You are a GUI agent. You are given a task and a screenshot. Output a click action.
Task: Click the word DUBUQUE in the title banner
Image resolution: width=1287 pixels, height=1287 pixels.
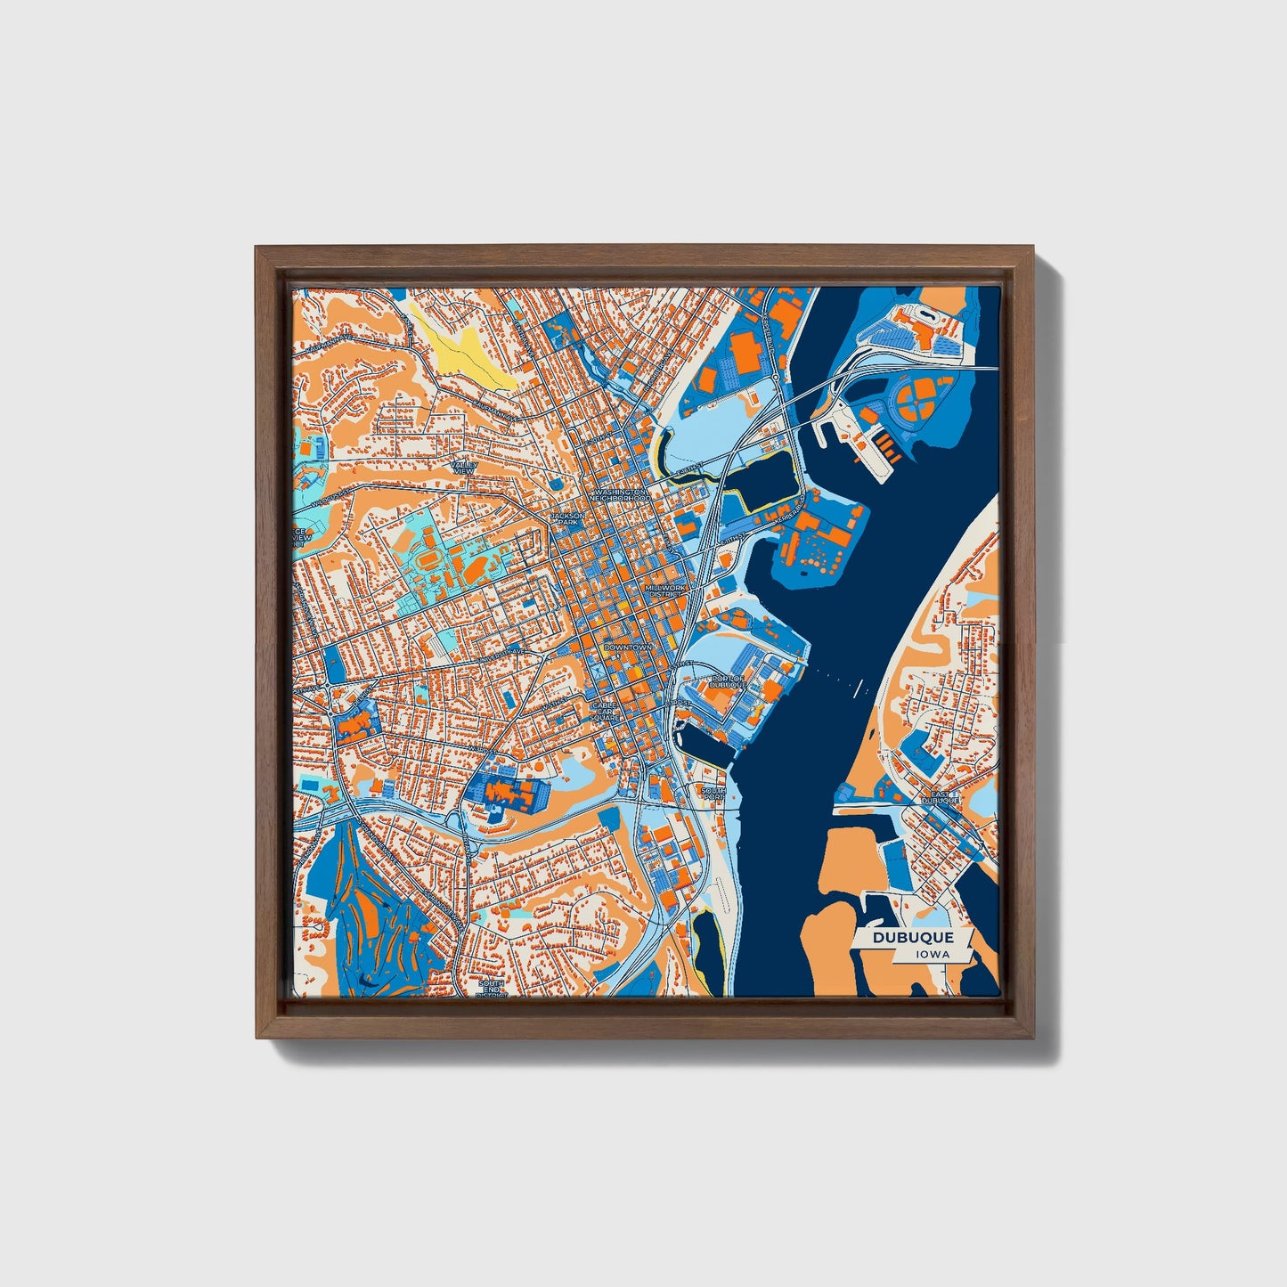[x=912, y=937]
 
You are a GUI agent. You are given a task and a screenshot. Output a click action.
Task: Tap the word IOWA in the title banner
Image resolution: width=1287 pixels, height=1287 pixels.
[x=933, y=954]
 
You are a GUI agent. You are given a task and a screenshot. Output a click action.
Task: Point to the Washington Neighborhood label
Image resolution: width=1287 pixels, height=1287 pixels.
[x=621, y=494]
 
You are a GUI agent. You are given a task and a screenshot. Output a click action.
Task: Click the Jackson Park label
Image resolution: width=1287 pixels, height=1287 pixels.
[x=567, y=518]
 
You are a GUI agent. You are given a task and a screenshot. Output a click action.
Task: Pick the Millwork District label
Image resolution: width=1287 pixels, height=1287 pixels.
[x=664, y=591]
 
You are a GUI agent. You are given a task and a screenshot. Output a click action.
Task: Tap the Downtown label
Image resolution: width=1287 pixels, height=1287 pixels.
[x=628, y=647]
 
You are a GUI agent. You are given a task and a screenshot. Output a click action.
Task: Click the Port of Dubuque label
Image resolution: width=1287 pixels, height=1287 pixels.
[x=728, y=681]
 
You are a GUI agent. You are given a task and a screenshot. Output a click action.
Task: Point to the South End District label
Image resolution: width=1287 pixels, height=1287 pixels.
[x=491, y=988]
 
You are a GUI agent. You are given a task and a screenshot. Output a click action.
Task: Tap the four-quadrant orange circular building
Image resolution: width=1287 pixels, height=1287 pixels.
[x=914, y=400]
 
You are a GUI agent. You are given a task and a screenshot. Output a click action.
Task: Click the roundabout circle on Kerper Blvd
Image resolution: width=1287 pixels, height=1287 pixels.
[x=777, y=378]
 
